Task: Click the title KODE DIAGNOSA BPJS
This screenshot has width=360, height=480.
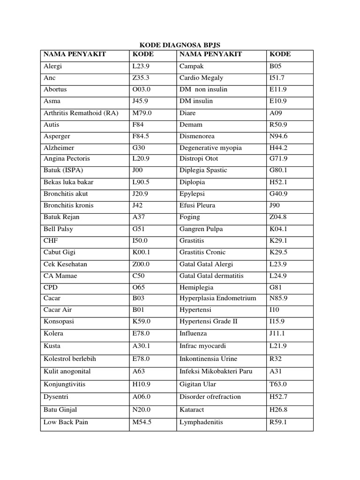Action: pos(180,45)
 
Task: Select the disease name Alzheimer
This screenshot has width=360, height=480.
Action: pos(59,148)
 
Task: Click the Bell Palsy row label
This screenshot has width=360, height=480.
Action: pos(58,229)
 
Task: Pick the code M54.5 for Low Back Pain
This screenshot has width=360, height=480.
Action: pos(142,422)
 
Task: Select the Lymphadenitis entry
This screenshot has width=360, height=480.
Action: pos(201,422)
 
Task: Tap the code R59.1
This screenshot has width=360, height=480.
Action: pos(277,422)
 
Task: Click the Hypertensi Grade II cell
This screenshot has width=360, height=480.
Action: pos(209,322)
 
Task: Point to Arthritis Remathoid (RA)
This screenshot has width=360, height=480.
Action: pos(81,113)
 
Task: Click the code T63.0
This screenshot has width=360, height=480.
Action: pos(278,384)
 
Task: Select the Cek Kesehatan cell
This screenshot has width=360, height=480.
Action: pos(65,264)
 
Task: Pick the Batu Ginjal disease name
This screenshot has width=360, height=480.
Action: pos(61,409)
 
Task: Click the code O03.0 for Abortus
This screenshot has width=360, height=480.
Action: pos(142,89)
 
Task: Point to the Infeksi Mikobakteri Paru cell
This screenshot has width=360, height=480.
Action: pos(216,371)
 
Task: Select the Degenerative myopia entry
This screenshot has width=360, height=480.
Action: pos(210,148)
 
